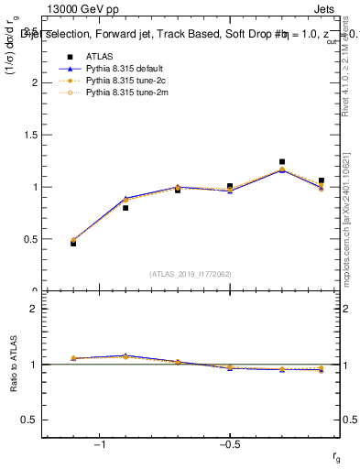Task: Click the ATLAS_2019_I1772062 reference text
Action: [x=190, y=274]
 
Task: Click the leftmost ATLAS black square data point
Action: [x=73, y=244]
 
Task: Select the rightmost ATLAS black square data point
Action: [x=321, y=181]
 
